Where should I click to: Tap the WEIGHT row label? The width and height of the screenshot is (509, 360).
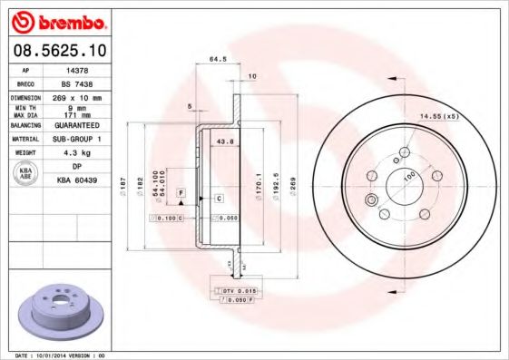26,152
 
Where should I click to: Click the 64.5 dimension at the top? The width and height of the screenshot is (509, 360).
218,60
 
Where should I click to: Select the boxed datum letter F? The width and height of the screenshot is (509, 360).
181,194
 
